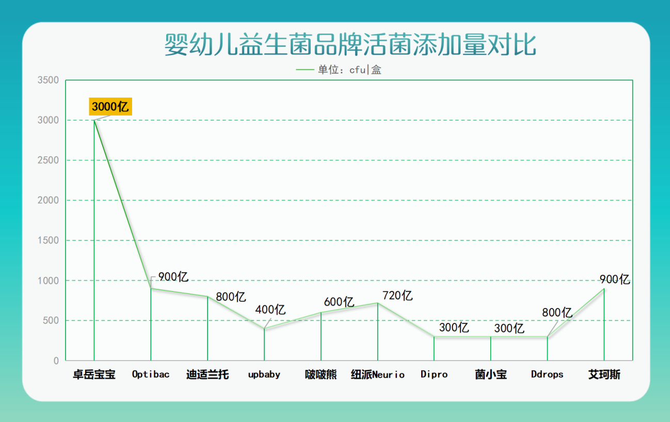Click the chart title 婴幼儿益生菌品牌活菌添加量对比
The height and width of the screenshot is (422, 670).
[x=350, y=45]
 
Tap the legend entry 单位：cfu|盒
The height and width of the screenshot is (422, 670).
[x=339, y=70]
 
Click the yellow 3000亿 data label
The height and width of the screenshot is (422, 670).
[x=110, y=106]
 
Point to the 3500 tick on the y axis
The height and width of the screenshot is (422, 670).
[x=48, y=80]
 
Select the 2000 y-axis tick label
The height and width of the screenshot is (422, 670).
[x=48, y=200]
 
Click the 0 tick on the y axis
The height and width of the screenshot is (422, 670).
[x=56, y=361]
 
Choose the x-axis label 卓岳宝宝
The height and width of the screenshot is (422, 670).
[x=94, y=374]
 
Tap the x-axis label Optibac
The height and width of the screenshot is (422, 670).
[x=151, y=374]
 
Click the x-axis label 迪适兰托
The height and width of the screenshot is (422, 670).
[x=208, y=374]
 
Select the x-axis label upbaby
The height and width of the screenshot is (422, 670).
[x=264, y=375]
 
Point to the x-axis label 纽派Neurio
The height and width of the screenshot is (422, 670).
[x=378, y=374]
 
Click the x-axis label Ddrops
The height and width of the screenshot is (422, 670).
[x=547, y=375]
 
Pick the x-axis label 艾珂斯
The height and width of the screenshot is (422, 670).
[x=604, y=374]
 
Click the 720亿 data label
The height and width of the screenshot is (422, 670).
[x=397, y=296]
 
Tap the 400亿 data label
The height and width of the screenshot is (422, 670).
[x=270, y=310]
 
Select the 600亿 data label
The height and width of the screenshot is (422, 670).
[x=339, y=302]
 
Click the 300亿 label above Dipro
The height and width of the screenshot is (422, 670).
[x=454, y=328]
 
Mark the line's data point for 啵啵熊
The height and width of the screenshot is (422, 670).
[x=321, y=313]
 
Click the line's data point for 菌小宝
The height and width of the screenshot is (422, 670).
[x=490, y=336]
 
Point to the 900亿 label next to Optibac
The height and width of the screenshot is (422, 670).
[x=173, y=277]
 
